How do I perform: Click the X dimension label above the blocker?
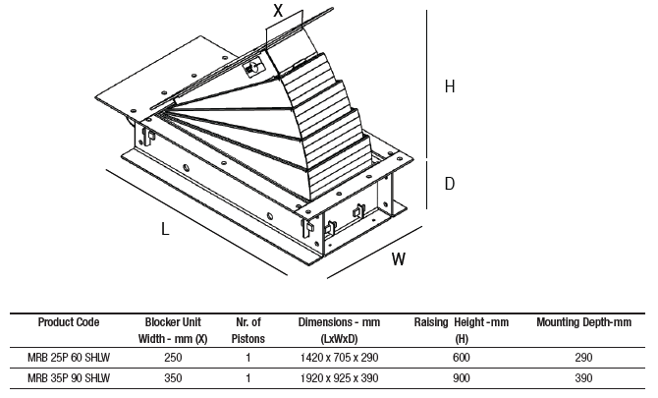click(278, 11)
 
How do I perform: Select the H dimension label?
click(450, 86)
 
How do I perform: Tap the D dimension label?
click(450, 184)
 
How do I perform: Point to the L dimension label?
click(165, 229)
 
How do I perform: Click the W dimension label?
click(399, 259)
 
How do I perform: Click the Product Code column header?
click(69, 322)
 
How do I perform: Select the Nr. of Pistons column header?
click(248, 330)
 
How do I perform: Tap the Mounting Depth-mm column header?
click(583, 322)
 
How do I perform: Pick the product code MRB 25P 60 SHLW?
click(69, 358)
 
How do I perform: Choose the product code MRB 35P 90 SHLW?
click(69, 378)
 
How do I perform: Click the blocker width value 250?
click(173, 358)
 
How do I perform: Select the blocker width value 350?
click(173, 378)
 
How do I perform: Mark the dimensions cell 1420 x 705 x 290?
click(339, 358)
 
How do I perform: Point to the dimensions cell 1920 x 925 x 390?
click(339, 378)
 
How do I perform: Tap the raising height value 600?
click(462, 358)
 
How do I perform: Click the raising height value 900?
click(462, 378)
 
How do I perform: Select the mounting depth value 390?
click(583, 378)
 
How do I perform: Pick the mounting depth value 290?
click(583, 358)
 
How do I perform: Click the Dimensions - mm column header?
click(339, 330)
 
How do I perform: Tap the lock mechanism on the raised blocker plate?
click(253, 69)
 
